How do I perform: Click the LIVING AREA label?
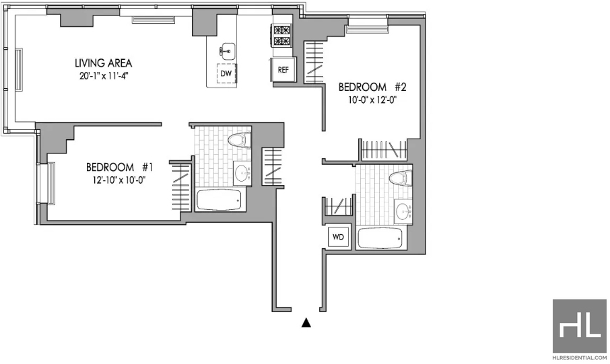click(104, 63)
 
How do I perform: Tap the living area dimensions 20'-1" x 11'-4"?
click(104, 76)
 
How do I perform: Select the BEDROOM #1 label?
click(119, 168)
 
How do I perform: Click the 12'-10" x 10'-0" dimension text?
click(119, 180)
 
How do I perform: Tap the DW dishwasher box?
click(226, 73)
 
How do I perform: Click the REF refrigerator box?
click(283, 69)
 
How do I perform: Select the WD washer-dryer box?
click(338, 236)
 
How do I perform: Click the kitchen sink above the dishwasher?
click(227, 50)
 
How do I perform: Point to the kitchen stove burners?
click(282, 36)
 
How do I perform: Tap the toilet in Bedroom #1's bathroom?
click(240, 140)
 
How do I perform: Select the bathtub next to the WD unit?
click(380, 238)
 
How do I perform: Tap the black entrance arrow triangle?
click(306, 323)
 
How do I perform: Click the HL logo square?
click(579, 326)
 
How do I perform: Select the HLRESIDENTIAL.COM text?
click(579, 358)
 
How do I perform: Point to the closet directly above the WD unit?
click(339, 206)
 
